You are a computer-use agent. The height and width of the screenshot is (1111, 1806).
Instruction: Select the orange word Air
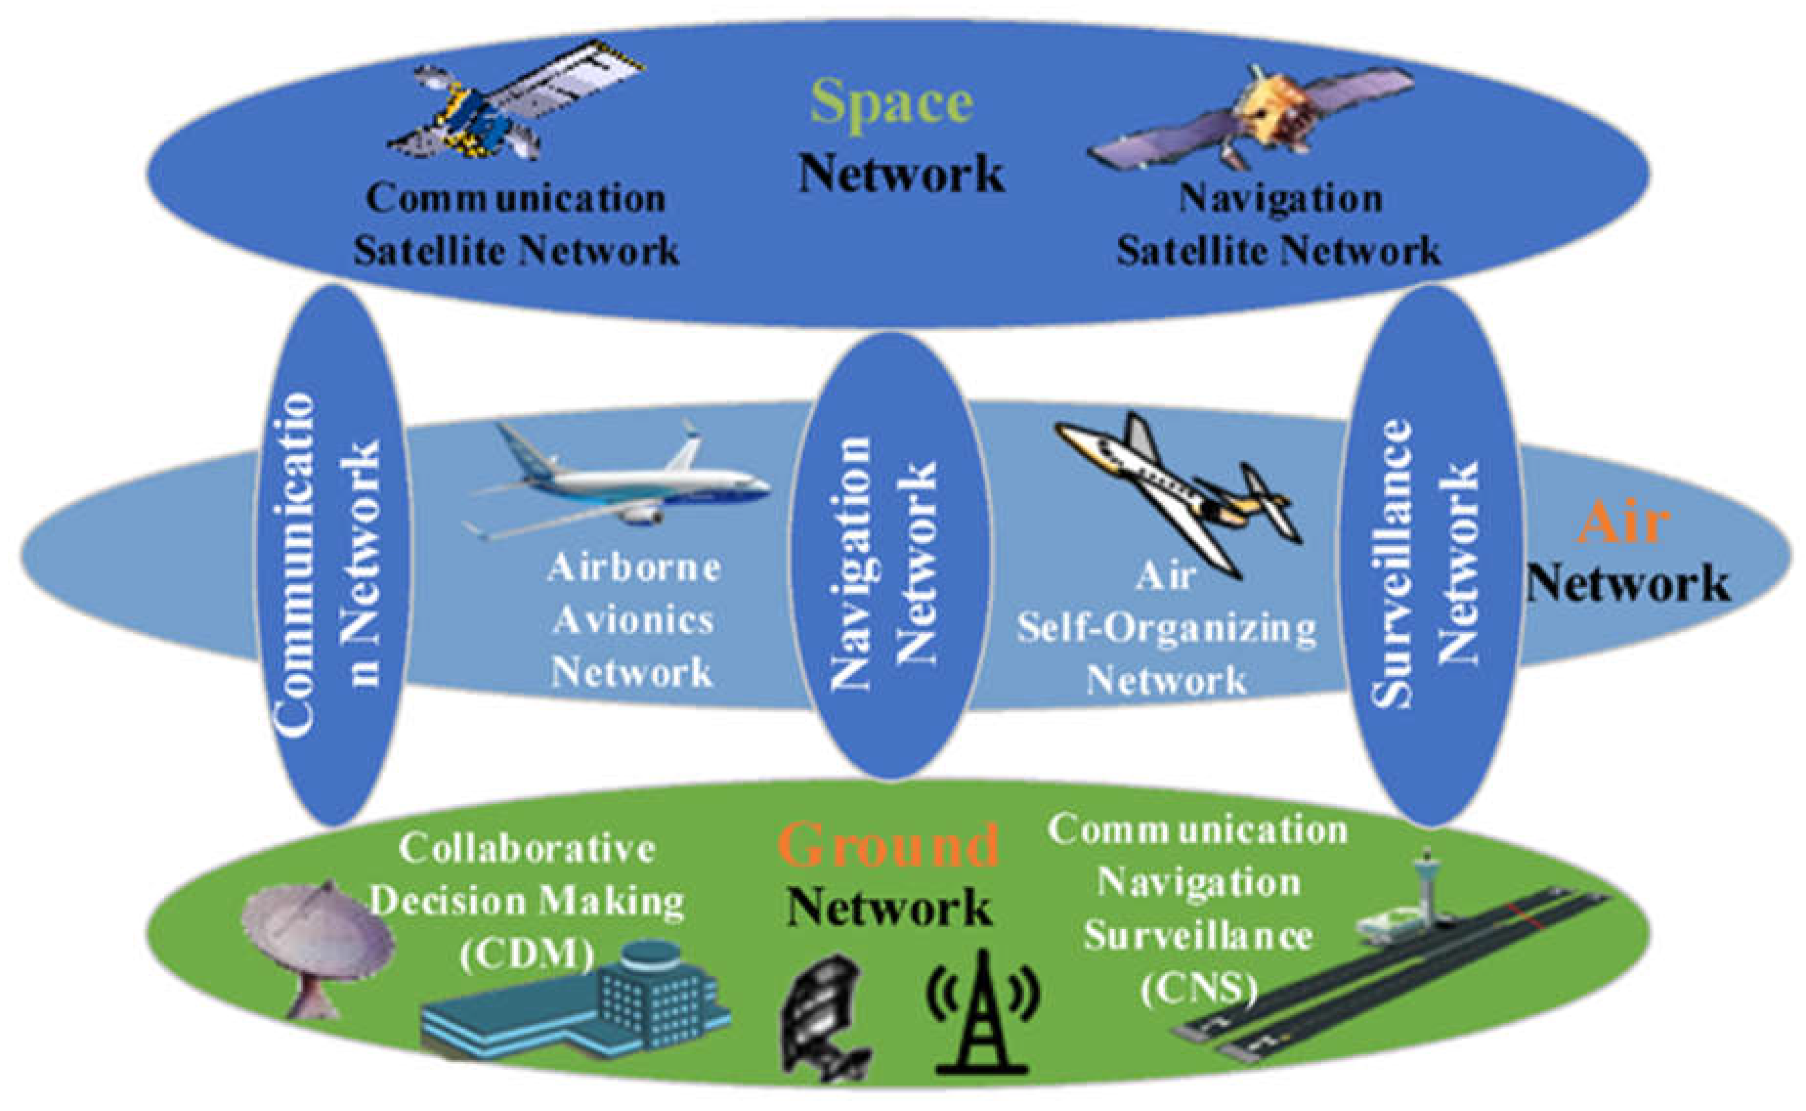(x=1623, y=523)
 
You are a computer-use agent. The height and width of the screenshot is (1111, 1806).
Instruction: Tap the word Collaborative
(x=527, y=849)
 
